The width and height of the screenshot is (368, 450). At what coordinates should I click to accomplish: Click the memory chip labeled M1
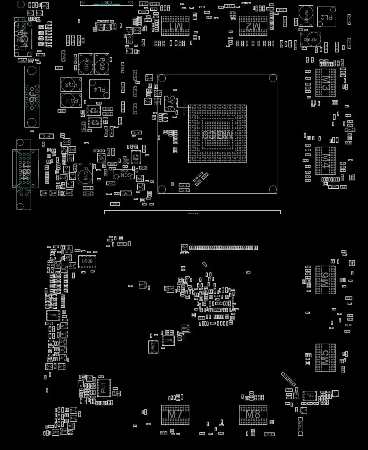pos(175,26)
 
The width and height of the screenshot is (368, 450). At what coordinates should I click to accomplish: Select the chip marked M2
pos(253,26)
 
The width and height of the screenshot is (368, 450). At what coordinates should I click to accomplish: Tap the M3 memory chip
pos(326,83)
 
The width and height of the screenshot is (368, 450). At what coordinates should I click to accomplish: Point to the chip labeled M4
pos(326,161)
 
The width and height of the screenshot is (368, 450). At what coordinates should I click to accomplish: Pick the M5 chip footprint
pos(326,358)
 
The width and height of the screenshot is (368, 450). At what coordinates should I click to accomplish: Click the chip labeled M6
pos(326,280)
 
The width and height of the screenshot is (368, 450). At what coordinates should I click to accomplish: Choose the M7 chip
pos(175,415)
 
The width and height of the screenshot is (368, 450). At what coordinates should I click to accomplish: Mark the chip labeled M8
pos(253,415)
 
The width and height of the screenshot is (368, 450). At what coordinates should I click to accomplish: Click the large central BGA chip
pos(217,134)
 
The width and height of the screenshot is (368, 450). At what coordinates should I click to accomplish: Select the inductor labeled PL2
pos(327,17)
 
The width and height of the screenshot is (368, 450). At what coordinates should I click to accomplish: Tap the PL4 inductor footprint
pos(100,89)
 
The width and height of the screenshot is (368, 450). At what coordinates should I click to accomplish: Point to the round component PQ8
pos(71,84)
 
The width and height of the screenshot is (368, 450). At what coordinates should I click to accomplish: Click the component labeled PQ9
pos(102,64)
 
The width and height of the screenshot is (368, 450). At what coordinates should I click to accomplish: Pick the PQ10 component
pos(86,64)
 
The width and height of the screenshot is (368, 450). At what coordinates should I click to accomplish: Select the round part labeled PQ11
pos(71,101)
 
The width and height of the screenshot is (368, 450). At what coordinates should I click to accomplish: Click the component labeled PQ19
pos(85,174)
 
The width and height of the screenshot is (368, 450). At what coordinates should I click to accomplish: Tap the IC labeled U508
pos(87,261)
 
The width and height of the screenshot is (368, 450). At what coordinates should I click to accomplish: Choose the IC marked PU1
pos(103,388)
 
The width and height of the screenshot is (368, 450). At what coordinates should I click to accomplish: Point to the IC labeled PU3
pos(309,396)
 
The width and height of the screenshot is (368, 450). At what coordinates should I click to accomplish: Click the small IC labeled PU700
pos(53,316)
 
